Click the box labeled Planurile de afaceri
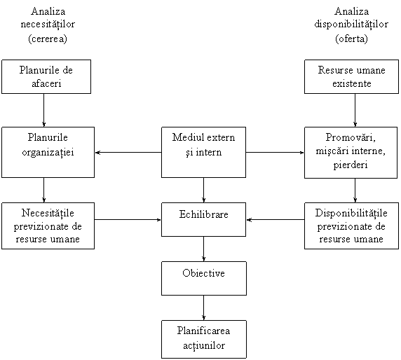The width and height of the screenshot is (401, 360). (46, 76)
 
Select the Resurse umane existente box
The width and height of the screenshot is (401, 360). (351, 76)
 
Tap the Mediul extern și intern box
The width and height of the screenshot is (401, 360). (203, 152)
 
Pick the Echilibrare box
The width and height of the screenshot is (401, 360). (203, 219)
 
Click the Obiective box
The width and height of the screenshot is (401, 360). (204, 278)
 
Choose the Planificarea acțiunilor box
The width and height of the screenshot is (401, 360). (204, 339)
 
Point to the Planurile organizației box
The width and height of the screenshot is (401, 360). (48, 152)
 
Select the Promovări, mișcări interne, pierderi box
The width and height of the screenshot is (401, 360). (351, 153)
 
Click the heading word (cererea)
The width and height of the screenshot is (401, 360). (48, 39)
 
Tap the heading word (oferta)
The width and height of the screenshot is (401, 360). (351, 39)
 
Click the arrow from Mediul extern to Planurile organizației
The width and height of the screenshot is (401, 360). (128, 153)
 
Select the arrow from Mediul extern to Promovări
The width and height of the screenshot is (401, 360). (275, 153)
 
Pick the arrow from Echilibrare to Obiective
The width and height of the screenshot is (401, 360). (203, 249)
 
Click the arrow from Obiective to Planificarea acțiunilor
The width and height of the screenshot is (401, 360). (203, 308)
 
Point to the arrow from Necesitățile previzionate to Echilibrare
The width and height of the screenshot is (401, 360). (128, 219)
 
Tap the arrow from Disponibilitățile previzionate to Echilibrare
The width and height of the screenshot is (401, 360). (276, 219)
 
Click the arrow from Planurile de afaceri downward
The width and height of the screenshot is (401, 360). (43, 110)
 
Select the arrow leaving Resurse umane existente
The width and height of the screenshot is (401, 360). (355, 110)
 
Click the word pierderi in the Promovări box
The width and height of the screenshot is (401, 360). (351, 165)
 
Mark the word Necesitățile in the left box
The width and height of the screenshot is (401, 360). (48, 213)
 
